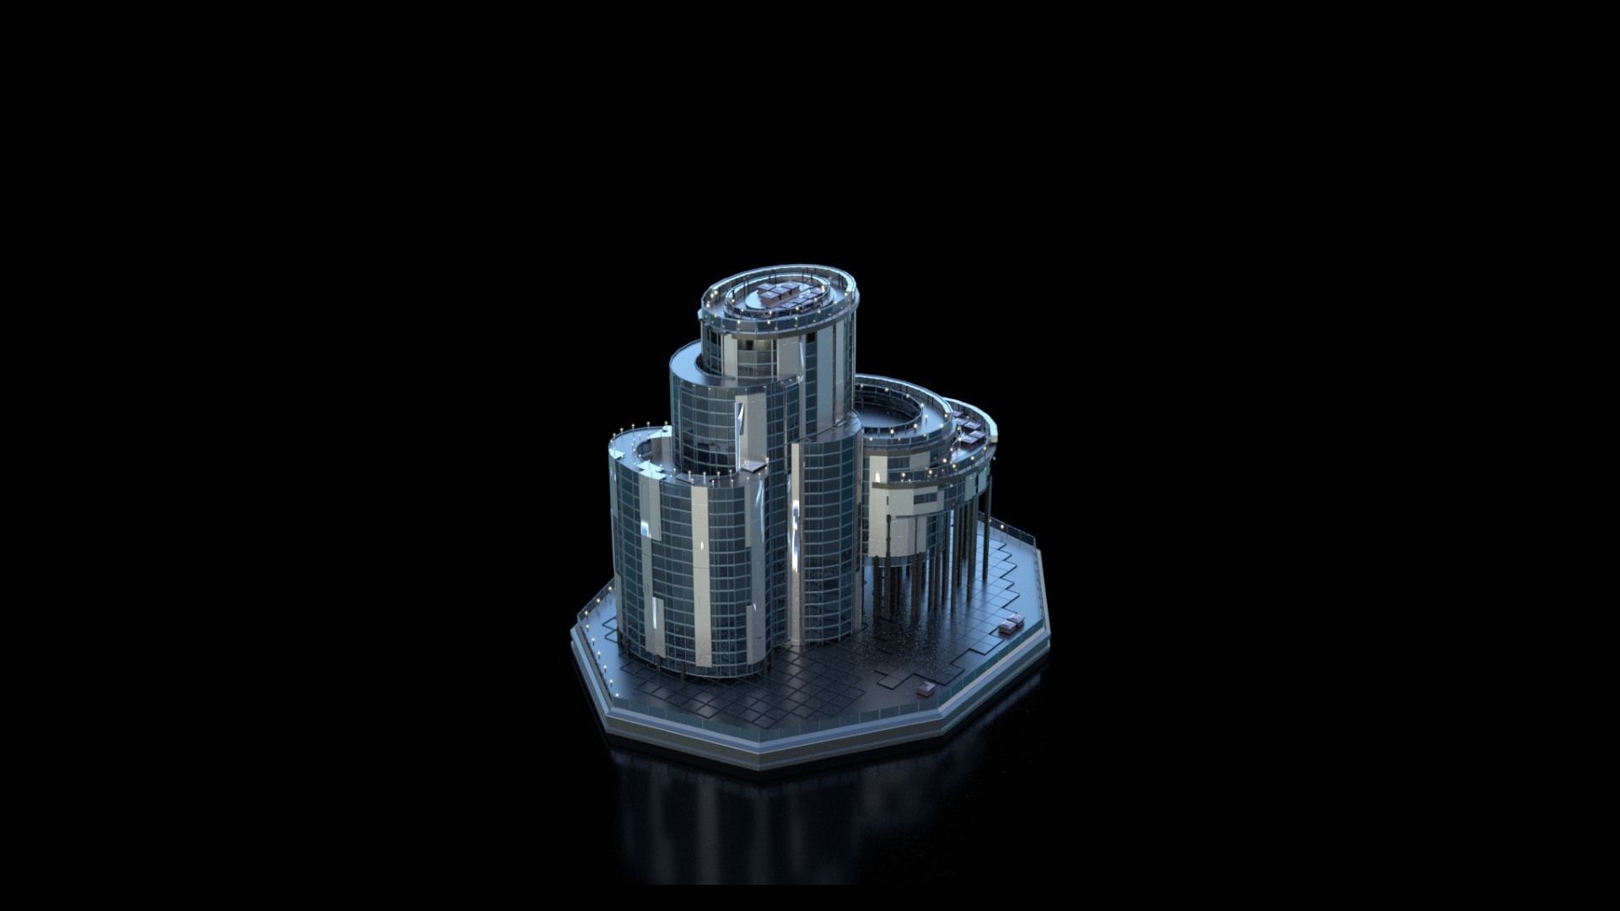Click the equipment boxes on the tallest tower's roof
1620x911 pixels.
click(780, 294)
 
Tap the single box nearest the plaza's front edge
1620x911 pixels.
click(926, 688)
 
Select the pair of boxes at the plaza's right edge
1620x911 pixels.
click(1008, 626)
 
